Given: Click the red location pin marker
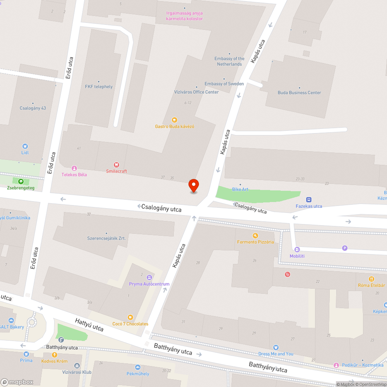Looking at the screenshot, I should pos(193,185).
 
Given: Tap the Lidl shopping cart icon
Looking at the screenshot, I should pos(25,146).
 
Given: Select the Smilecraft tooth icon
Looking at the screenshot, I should pos(116,164).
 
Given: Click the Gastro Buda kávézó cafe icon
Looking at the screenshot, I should pos(174,120).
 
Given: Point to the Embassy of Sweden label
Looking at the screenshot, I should pos(224,84).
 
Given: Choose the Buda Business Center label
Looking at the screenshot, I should pos(299,92).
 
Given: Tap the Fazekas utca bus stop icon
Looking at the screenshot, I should pos(309,200).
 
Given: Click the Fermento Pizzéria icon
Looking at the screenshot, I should pos(255,235).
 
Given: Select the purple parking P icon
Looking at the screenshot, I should pos(345,248).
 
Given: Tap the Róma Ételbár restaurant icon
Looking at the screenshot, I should pos(372,279).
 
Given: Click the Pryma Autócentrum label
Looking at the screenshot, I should pos(149,284).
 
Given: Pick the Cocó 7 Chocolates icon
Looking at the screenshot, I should pos(130,317).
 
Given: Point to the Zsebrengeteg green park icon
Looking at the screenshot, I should pos(21,181).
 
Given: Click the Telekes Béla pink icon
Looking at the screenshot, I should pos(74,168).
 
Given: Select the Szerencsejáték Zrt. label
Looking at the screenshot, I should pos(106,238).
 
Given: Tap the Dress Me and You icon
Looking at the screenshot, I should pos(276,348).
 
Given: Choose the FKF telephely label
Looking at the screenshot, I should pos(99,87).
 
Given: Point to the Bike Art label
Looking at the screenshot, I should pos(240,189).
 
